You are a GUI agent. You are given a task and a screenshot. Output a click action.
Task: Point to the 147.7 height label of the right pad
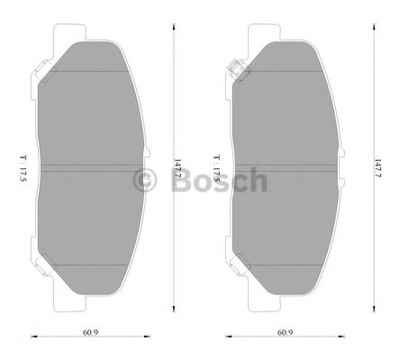376,166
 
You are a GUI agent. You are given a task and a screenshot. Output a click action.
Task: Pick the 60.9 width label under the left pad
86,332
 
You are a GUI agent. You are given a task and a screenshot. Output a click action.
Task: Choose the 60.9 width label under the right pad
285,332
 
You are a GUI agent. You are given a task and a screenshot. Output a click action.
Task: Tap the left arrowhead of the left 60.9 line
32,339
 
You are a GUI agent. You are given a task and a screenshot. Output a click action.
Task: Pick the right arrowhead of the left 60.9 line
144,339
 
